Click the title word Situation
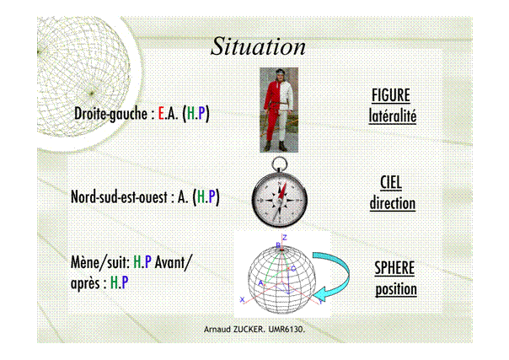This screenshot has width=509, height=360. [x=258, y=46]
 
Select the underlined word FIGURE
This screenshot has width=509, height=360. [x=391, y=95]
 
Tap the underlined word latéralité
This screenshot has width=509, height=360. [x=393, y=116]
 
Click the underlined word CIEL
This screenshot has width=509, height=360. [x=391, y=182]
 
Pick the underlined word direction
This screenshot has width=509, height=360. [x=393, y=203]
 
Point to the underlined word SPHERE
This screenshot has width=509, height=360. [x=394, y=268]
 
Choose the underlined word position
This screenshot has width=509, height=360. [x=396, y=289]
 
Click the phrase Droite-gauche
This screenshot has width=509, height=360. [x=110, y=114]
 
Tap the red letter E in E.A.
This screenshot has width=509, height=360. [x=161, y=113]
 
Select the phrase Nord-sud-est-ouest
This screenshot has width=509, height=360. [x=119, y=196]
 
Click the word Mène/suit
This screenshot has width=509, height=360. [x=99, y=262]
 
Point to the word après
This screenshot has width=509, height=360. [x=85, y=283]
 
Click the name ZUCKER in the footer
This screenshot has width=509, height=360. [x=248, y=329]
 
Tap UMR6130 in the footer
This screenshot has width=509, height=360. [x=285, y=329]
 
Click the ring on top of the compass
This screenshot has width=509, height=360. [x=279, y=164]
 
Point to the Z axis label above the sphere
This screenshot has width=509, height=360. [x=285, y=238]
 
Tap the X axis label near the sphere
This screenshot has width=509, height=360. [x=242, y=299]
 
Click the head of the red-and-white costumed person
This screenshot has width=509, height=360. [x=280, y=76]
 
